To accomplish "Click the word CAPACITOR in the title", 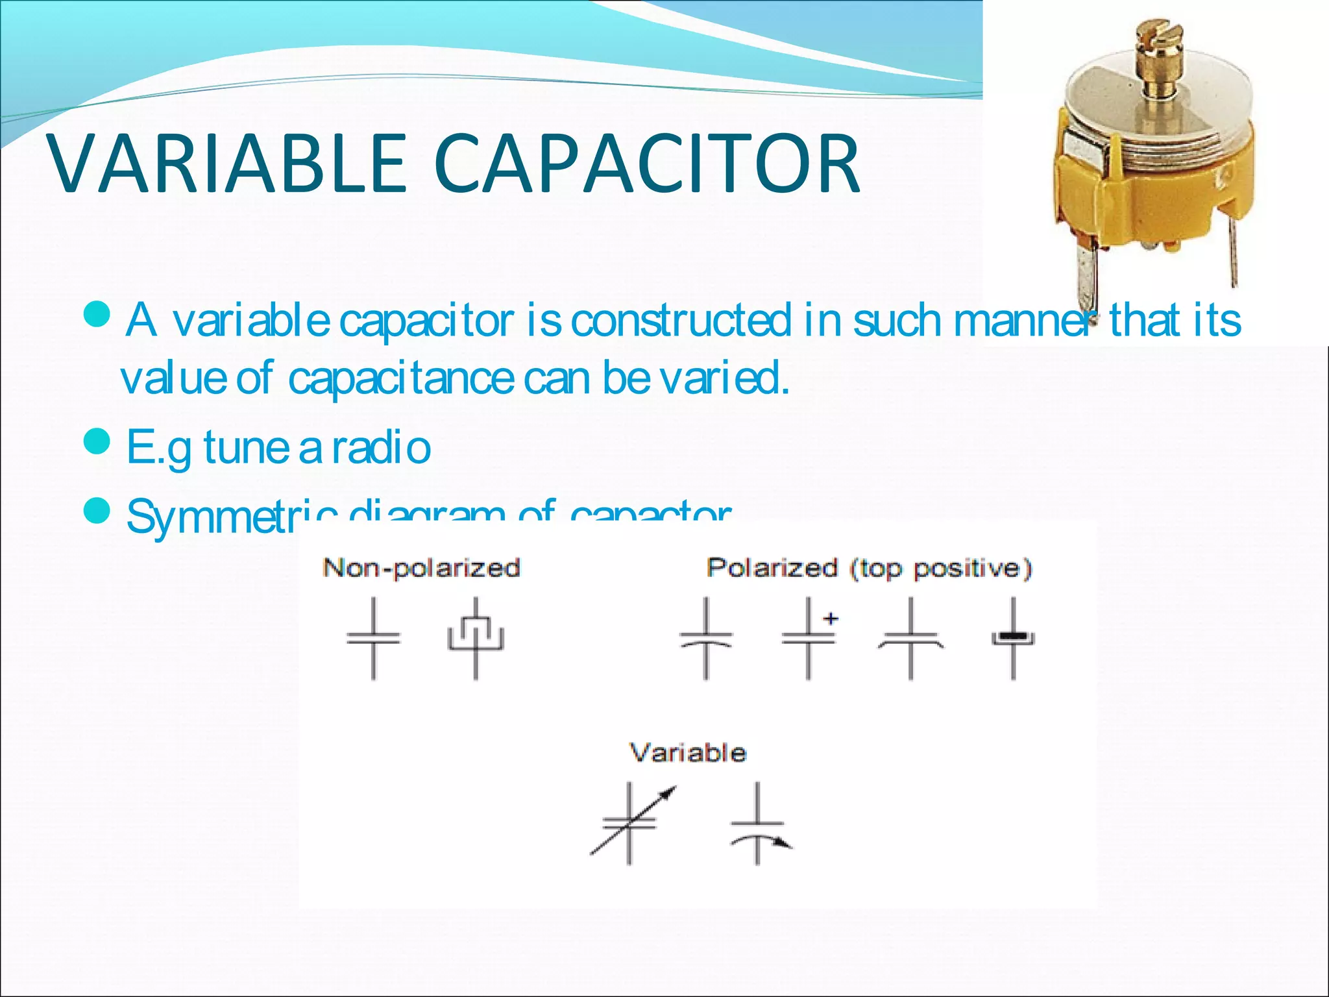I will pyautogui.click(x=646, y=164).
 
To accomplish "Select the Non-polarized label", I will pyautogui.click(x=421, y=568).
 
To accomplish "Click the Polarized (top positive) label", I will pyautogui.click(x=869, y=568).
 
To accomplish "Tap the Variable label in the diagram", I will pyautogui.click(x=688, y=753).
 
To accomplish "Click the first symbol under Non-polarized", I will pyautogui.click(x=373, y=639).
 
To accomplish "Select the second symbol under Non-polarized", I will pyautogui.click(x=476, y=637).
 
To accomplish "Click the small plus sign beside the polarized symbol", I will pyautogui.click(x=831, y=619).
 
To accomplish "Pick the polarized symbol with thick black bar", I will pyautogui.click(x=1013, y=639).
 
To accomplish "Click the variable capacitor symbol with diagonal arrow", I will pyautogui.click(x=630, y=823).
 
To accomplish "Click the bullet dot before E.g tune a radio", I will pyautogui.click(x=97, y=443).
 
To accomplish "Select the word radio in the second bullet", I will pyautogui.click(x=382, y=448).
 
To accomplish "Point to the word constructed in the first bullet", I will pyautogui.click(x=681, y=320).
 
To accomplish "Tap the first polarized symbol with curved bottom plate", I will pyautogui.click(x=706, y=639).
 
